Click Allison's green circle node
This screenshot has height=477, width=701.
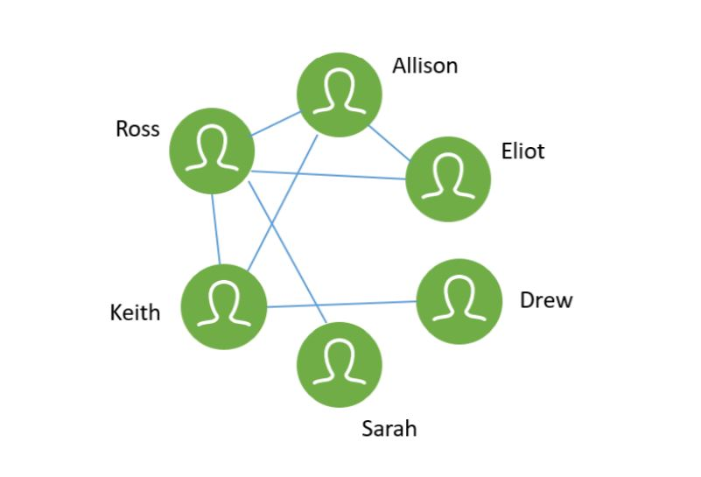pyautogui.click(x=339, y=95)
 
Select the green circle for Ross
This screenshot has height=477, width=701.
pyautogui.click(x=211, y=151)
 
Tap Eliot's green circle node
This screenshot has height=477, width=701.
pyautogui.click(x=448, y=179)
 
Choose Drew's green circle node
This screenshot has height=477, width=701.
pyautogui.click(x=459, y=301)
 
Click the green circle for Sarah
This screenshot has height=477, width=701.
pyautogui.click(x=340, y=364)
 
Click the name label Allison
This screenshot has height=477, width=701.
pyautogui.click(x=424, y=66)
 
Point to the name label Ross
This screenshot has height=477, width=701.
pyautogui.click(x=137, y=130)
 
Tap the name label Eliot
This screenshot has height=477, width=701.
pyautogui.click(x=522, y=151)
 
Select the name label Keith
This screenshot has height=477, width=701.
pyautogui.click(x=135, y=312)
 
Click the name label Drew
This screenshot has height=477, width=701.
pyautogui.click(x=546, y=301)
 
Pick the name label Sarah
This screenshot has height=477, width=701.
pyautogui.click(x=389, y=428)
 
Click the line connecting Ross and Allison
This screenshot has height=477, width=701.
pyautogui.click(x=276, y=123)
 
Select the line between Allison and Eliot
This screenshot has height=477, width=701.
pyautogui.click(x=389, y=143)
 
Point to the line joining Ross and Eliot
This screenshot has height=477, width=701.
pyautogui.click(x=331, y=174)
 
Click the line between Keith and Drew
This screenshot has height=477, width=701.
pyautogui.click(x=341, y=304)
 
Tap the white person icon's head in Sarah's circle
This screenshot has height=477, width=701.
pyautogui.click(x=340, y=354)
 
